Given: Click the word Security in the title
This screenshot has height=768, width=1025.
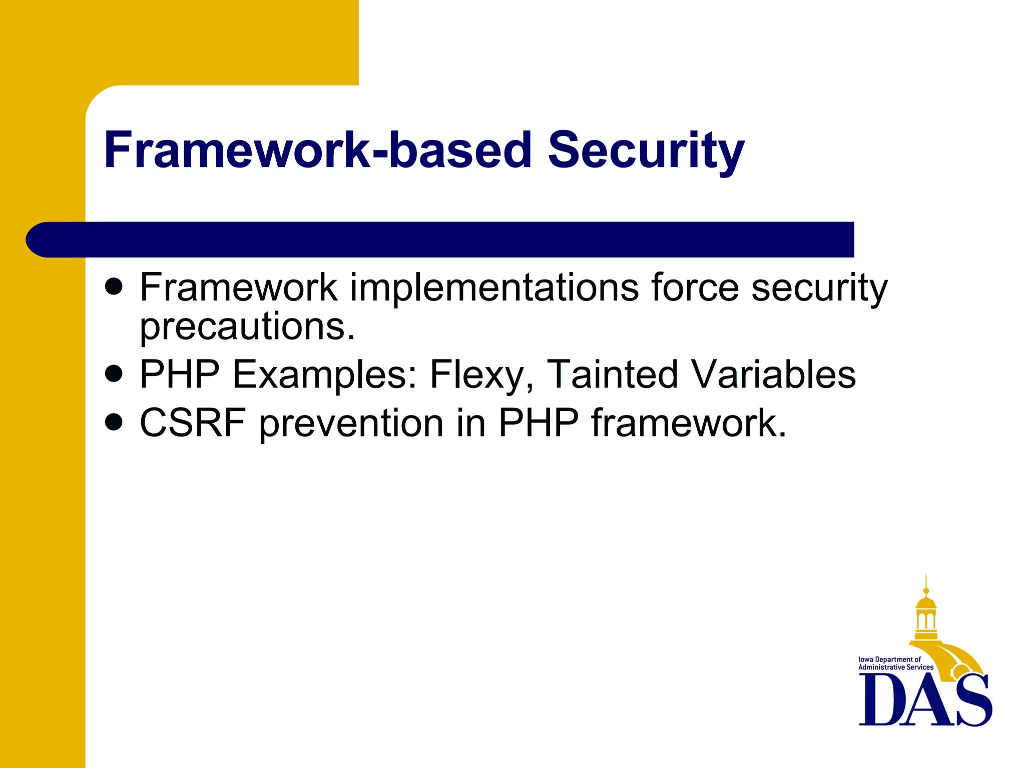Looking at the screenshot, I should [646, 150].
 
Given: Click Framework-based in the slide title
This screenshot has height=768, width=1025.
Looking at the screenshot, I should [318, 150].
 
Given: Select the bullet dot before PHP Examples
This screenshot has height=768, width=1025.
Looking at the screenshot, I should [115, 373].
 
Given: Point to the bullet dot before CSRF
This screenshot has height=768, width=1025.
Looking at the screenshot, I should [115, 422].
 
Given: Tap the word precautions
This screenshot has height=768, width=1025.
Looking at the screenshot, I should [247, 327].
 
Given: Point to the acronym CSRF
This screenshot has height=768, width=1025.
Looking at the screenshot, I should [193, 423].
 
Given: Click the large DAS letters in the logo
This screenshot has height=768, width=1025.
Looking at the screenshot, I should [925, 700].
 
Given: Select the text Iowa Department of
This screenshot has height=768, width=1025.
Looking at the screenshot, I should [889, 659].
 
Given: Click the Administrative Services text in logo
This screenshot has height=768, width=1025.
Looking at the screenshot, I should [895, 667].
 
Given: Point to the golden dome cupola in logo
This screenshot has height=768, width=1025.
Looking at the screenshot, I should [926, 612].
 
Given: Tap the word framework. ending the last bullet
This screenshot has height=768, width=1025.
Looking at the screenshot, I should [689, 423].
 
